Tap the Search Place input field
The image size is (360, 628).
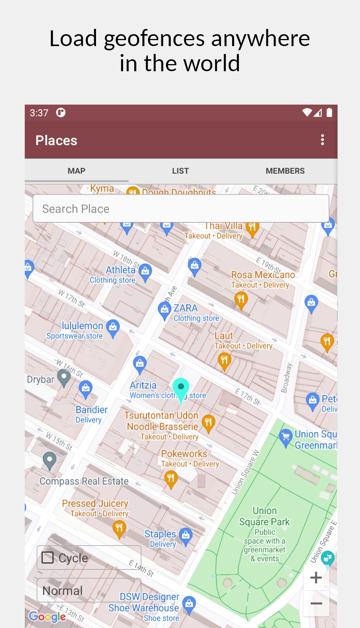click(x=181, y=208)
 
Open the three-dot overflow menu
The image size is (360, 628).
click(x=322, y=140)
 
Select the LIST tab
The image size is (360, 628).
click(x=180, y=171)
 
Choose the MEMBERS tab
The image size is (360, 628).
click(x=285, y=171)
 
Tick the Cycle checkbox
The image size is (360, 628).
click(x=48, y=558)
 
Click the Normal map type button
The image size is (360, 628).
click(x=89, y=590)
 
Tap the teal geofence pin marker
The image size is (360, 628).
click(x=181, y=388)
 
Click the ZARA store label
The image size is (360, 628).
click(x=185, y=308)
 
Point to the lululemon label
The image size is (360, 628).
click(x=82, y=326)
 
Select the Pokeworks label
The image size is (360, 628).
click(x=184, y=454)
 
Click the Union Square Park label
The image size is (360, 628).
click(x=265, y=517)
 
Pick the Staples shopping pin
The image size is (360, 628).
click(x=186, y=535)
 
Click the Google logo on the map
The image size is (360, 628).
click(x=47, y=616)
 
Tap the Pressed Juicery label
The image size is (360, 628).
click(x=95, y=504)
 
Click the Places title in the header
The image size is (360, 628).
click(x=56, y=141)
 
